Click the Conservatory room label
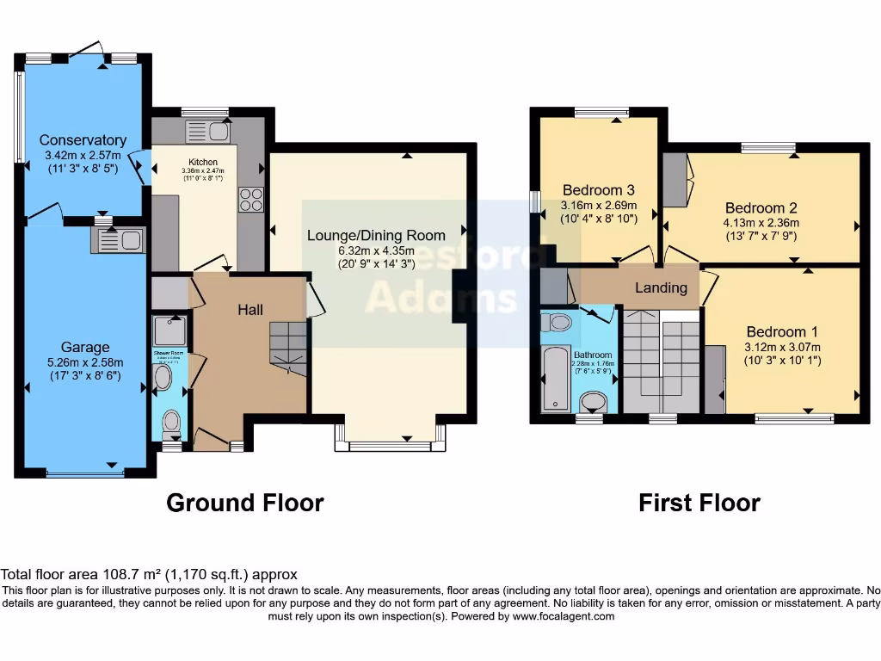coord(83,140)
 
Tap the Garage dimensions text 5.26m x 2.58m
coord(84,361)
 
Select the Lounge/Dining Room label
coord(377,235)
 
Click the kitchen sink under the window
coord(206,132)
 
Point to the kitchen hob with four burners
coord(250,200)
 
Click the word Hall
coord(250,310)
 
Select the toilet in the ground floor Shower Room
coord(171,422)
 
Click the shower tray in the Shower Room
coord(169,330)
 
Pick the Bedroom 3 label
coord(598,190)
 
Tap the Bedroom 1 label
coord(782,332)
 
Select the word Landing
coord(661,287)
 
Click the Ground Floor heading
coord(244,503)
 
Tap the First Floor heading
coord(699,503)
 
